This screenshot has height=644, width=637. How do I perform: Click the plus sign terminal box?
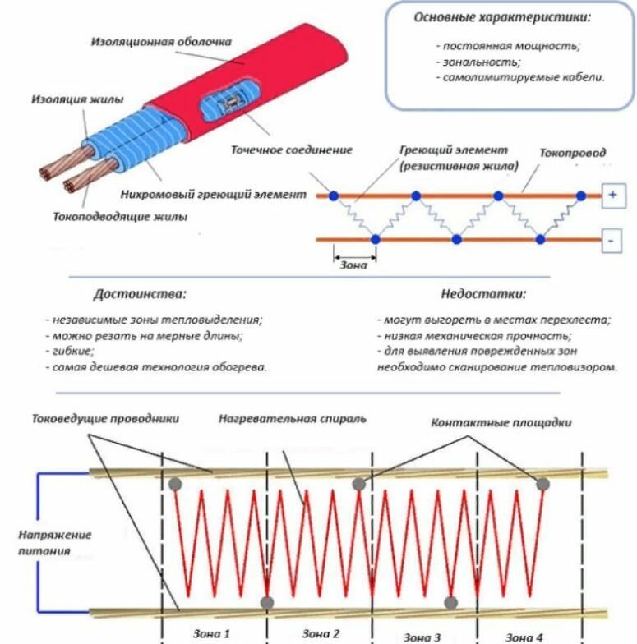613,195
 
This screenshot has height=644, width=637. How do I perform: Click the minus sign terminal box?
613,240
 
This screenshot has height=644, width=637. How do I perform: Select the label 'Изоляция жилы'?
77,99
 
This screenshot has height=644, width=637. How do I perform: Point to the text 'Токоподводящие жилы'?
120,218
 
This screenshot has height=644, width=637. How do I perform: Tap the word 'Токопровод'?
573,153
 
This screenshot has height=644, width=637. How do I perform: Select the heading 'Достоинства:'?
139,293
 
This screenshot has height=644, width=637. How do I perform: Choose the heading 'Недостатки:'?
482,293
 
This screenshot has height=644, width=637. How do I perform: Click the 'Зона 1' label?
211,632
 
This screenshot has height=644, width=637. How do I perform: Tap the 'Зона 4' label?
524,636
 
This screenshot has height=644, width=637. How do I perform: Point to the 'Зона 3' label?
422,637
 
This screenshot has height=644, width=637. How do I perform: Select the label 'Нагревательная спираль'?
293,418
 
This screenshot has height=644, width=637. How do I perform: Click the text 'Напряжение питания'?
55,542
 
